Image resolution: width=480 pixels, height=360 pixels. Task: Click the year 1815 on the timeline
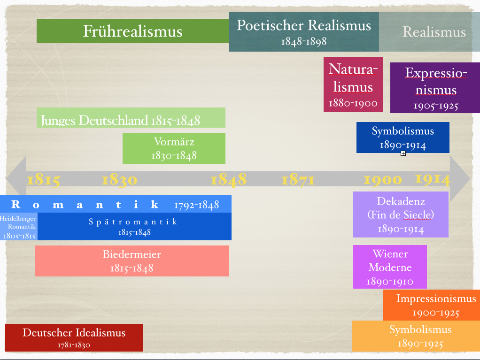click(43, 180)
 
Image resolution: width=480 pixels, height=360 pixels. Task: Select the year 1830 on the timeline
click(119, 180)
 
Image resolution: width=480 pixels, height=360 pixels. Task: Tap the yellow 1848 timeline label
click(228, 179)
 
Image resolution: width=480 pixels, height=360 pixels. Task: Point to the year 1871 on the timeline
click(298, 180)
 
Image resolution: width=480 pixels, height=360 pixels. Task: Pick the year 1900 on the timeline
click(383, 180)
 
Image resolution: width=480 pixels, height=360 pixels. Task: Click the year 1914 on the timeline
click(433, 179)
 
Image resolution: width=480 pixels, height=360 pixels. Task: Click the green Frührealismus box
click(132, 31)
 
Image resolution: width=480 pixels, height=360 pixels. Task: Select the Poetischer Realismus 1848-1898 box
click(303, 32)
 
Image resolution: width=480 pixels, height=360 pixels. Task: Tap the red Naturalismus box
click(353, 84)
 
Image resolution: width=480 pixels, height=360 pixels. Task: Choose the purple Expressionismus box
click(435, 88)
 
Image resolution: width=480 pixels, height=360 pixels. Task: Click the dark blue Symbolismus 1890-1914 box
click(403, 137)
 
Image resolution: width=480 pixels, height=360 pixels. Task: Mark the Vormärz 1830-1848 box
click(174, 148)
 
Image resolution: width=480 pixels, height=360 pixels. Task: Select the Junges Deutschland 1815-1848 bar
click(131, 118)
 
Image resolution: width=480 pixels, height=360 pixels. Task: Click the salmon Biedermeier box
click(132, 260)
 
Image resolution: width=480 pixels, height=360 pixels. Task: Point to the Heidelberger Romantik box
click(18, 227)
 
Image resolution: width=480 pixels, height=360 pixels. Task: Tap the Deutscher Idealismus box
click(74, 337)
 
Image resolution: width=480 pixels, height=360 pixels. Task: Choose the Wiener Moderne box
click(390, 267)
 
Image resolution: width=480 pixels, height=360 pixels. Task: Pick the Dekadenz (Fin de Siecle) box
click(401, 214)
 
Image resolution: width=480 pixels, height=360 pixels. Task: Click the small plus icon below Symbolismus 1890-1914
click(403, 153)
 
